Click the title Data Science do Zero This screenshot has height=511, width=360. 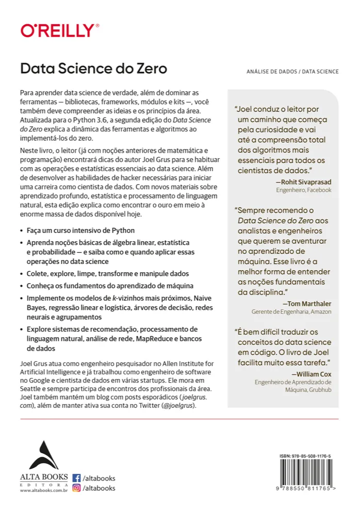pyautogui.click(x=93, y=69)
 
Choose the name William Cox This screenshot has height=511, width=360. pyautogui.click(x=312, y=374)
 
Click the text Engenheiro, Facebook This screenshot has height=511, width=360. pyautogui.click(x=304, y=190)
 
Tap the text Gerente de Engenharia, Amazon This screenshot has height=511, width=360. pyautogui.click(x=291, y=311)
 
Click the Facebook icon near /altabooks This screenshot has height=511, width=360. pyautogui.click(x=76, y=478)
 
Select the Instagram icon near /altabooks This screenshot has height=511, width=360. pyautogui.click(x=76, y=488)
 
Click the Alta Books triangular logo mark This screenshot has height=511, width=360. pyautogui.click(x=44, y=455)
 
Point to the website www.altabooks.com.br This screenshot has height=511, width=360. pyautogui.click(x=44, y=491)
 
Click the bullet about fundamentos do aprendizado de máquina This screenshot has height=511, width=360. pyautogui.click(x=100, y=285)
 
